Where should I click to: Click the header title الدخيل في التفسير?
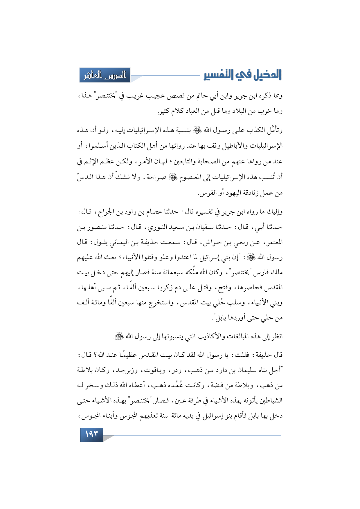coord(243,75)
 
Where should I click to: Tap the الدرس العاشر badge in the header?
coord(105,75)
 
